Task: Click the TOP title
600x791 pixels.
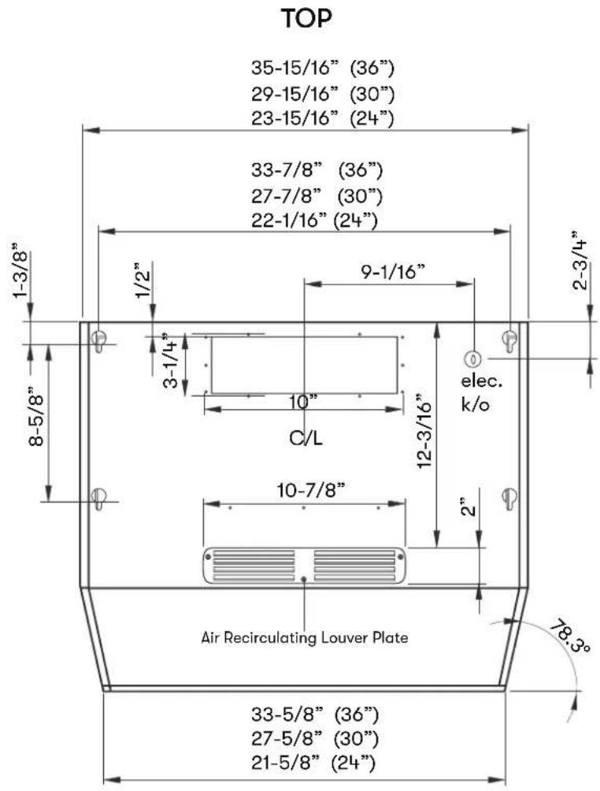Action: point(306,19)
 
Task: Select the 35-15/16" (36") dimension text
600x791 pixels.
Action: point(323,68)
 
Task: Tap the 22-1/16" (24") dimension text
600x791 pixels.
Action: point(315,220)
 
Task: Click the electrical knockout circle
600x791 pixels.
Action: point(473,359)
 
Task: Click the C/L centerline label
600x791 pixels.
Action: point(306,438)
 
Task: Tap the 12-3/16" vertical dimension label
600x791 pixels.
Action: point(424,435)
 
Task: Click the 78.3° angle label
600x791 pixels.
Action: point(569,637)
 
